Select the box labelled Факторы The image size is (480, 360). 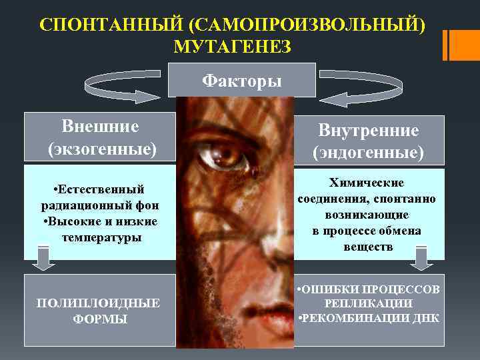click(241, 80)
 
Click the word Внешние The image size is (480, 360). click(100, 126)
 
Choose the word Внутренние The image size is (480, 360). click(368, 131)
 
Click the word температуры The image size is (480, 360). click(101, 237)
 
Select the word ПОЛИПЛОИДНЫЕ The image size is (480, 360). click(98, 303)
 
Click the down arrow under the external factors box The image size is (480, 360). click(43, 259)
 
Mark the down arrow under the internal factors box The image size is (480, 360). click(421, 258)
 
